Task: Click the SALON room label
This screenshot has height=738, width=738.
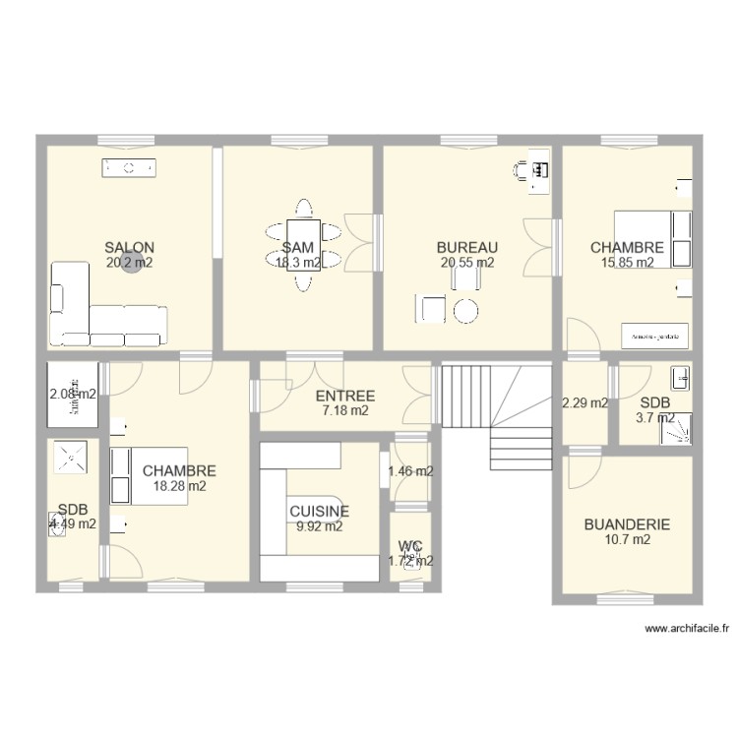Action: pyautogui.click(x=129, y=248)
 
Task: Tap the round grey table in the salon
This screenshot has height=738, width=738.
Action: pyautogui.click(x=131, y=266)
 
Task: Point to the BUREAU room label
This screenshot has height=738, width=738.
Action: pyautogui.click(x=467, y=248)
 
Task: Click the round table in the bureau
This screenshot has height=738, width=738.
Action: pyautogui.click(x=465, y=311)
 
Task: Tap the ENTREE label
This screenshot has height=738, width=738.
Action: pyautogui.click(x=344, y=397)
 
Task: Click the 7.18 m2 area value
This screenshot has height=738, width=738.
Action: pyautogui.click(x=344, y=411)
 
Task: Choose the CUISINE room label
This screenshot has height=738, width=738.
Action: pyautogui.click(x=319, y=512)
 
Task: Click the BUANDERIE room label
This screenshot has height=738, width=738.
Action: pyautogui.click(x=627, y=524)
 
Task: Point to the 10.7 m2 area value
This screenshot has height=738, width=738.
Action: pyautogui.click(x=627, y=539)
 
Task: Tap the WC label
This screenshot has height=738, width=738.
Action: pyautogui.click(x=410, y=546)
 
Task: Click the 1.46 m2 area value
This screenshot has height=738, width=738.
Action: pyautogui.click(x=410, y=471)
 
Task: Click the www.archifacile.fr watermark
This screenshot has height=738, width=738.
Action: pyautogui.click(x=685, y=628)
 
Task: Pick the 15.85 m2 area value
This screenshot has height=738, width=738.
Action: pyautogui.click(x=627, y=263)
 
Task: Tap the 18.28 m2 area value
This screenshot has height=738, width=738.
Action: pyautogui.click(x=179, y=486)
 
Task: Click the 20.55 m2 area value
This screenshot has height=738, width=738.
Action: pyautogui.click(x=467, y=263)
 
